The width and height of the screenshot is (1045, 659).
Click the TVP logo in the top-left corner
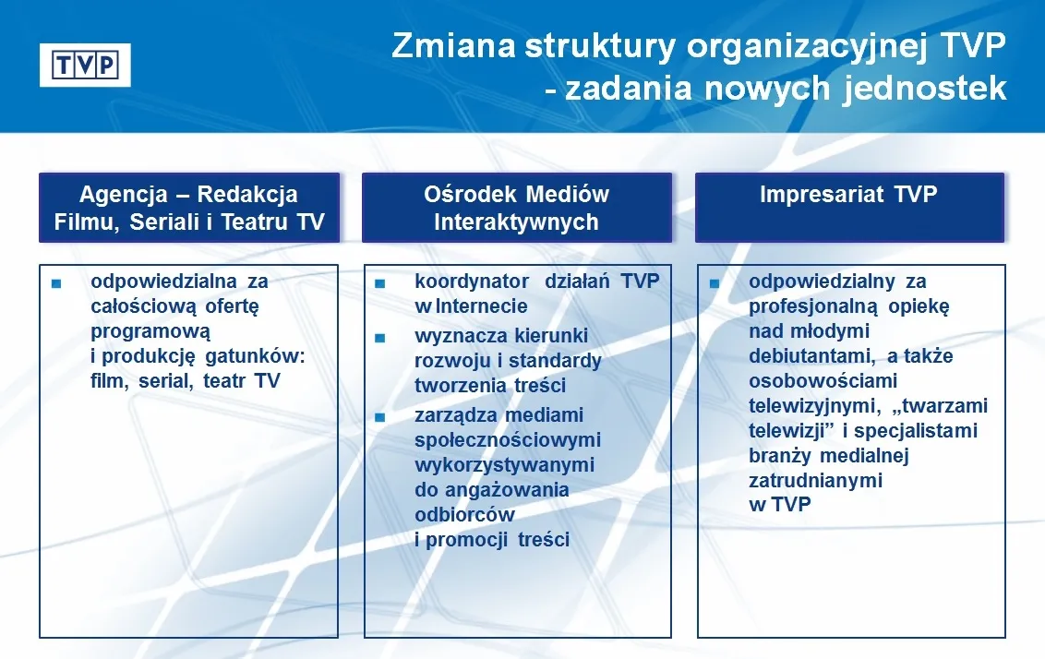(85, 65)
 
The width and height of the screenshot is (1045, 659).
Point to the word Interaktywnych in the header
(516, 222)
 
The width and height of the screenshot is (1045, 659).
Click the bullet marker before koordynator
(379, 283)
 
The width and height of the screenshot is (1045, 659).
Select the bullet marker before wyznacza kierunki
(379, 338)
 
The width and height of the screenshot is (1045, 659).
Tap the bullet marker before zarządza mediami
(379, 417)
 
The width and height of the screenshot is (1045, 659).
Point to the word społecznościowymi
(508, 440)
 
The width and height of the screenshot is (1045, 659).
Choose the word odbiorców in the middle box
(464, 514)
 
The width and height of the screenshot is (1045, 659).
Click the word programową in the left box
(150, 331)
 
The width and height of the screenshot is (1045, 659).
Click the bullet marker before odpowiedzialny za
(715, 283)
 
